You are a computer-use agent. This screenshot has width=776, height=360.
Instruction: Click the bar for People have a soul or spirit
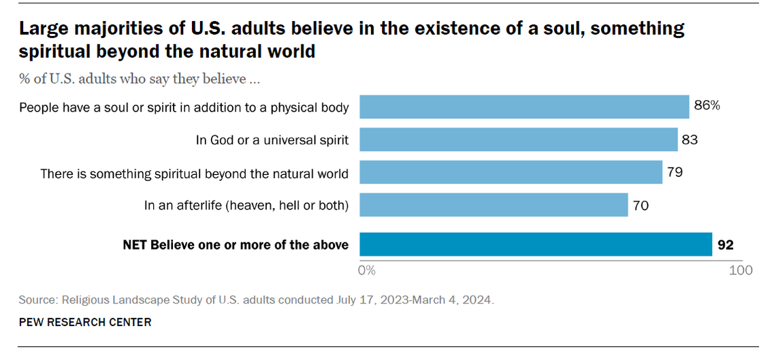pos(524,107)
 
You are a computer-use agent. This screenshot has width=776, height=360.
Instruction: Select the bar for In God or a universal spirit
pos(518,140)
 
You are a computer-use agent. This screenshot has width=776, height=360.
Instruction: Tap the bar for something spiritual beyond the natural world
pos(511,172)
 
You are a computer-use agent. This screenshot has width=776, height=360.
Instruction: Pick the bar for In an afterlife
pos(494,205)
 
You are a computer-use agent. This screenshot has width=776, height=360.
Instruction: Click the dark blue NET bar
pos(535,244)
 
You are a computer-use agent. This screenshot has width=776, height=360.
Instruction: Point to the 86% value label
pos(707,107)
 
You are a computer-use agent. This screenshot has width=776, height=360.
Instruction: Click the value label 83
pos(690,140)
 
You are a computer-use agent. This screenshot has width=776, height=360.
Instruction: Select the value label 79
pos(675,172)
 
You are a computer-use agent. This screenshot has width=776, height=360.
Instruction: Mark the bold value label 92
pos(726,244)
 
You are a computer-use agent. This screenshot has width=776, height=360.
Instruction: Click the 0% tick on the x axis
pos(367,270)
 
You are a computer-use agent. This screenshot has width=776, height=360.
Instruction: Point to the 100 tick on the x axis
pos(741,270)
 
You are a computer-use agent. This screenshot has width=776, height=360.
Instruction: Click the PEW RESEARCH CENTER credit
pos(85,322)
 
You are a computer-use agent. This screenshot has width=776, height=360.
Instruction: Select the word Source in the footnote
pos(38,299)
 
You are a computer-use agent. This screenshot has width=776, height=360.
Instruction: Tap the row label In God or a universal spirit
pos(272,140)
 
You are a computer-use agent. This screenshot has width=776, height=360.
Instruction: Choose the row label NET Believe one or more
pos(236,244)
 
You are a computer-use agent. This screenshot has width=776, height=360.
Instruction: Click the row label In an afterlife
pos(246,206)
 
